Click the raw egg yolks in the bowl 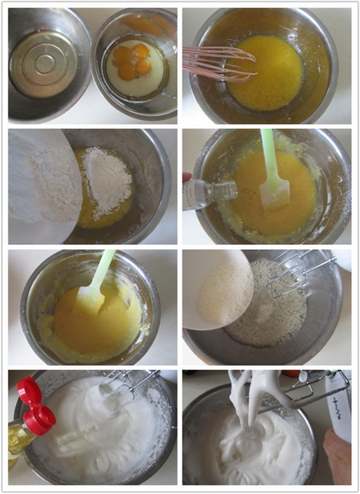(132, 62)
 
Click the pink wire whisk (216, 62)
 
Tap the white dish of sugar (220, 288)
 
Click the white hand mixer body (338, 408)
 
